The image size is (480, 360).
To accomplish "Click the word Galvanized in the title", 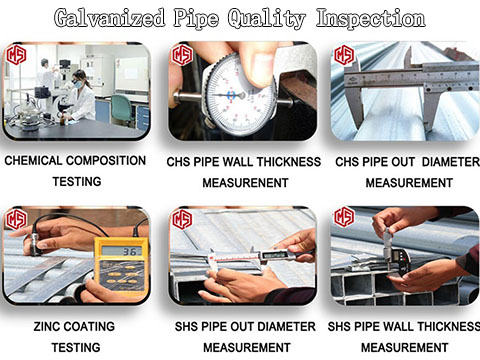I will pos(111,18).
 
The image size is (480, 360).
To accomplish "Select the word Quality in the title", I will pos(269,18).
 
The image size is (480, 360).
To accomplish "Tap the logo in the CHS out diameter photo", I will pos(345,55).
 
